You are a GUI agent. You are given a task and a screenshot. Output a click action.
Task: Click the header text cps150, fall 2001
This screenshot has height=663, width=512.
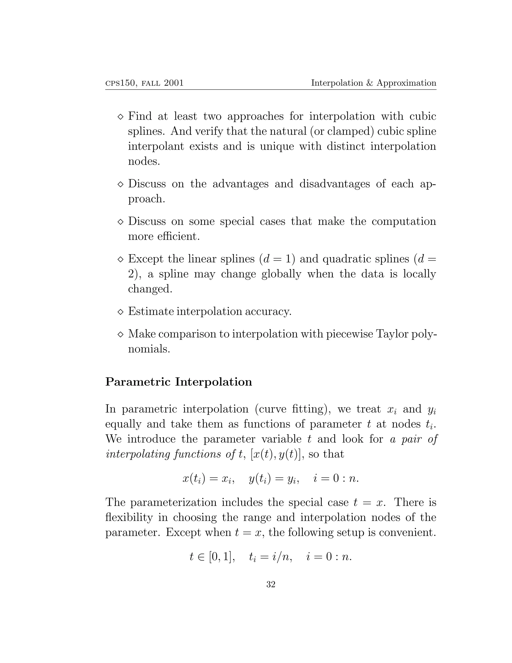[x=144, y=83]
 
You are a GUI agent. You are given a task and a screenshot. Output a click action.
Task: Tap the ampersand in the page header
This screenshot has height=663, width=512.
[x=369, y=83]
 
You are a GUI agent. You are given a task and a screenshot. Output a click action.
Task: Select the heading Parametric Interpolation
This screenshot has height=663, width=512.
[x=179, y=382]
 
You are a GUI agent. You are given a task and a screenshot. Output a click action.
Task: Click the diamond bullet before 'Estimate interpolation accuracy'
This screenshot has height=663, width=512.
[x=120, y=312]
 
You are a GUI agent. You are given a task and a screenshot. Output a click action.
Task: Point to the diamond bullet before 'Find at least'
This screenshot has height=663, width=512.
[x=120, y=117]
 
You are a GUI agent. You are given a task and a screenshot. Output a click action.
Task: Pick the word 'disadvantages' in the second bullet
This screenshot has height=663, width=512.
[x=334, y=184]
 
